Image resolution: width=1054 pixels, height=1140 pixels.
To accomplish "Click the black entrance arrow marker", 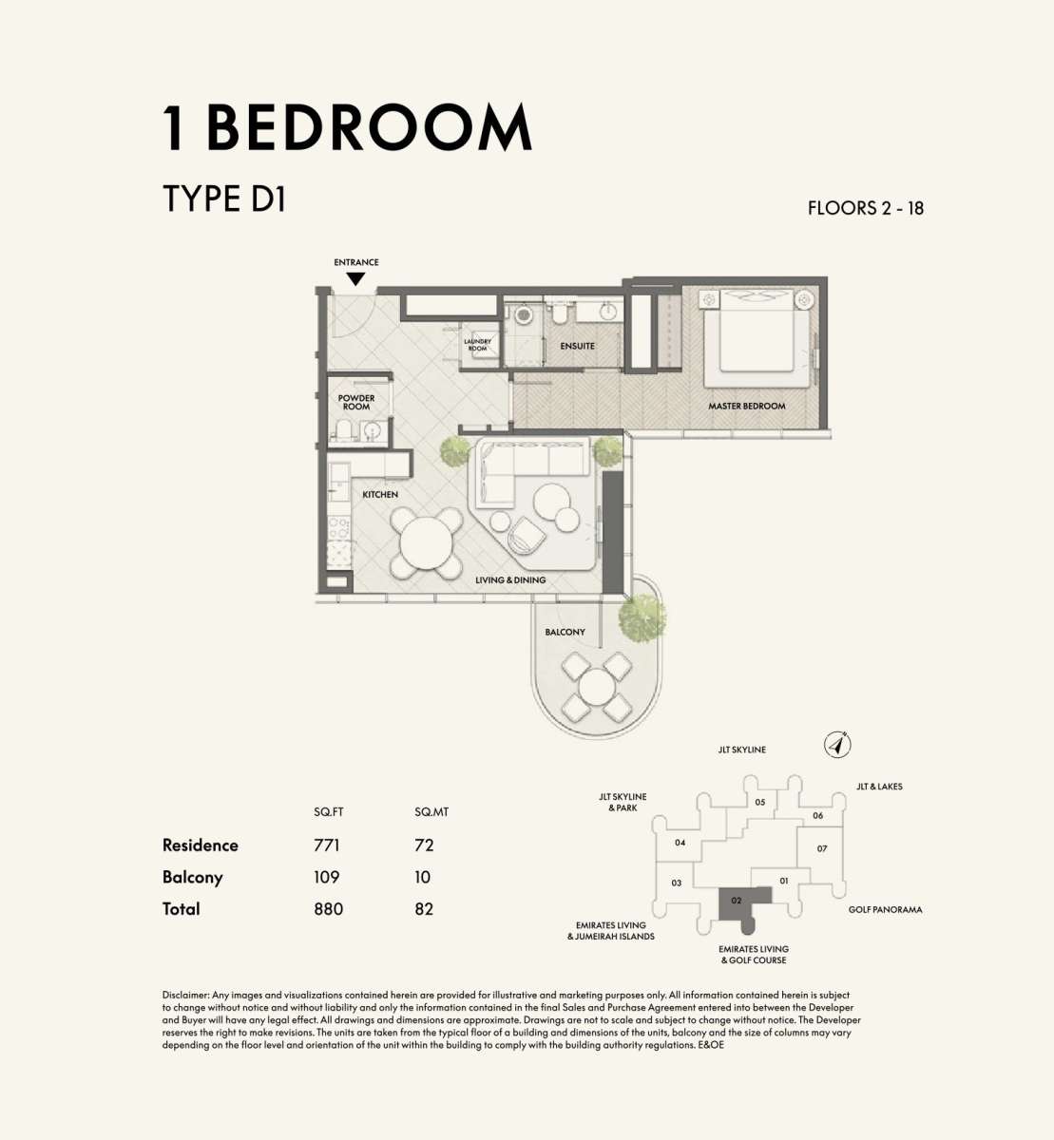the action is pos(355,279).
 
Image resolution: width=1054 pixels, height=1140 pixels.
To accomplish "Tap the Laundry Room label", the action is pos(477,345).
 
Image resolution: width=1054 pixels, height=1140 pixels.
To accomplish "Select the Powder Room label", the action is pos(356,402).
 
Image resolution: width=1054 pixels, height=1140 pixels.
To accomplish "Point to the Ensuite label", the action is pos(577,346).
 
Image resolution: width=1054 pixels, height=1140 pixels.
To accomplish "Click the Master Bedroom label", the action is pos(747,406).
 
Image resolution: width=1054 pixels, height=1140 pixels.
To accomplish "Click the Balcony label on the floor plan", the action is pos(565,632).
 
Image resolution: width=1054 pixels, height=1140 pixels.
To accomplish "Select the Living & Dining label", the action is pos(510,580).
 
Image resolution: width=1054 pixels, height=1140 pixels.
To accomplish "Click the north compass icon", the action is pos(837,745).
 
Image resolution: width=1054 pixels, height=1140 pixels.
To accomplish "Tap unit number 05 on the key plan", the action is pos(760,802).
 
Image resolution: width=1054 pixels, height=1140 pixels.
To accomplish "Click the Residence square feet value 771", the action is pos(327,845).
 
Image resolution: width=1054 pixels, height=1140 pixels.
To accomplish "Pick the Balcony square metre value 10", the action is pos(422,877).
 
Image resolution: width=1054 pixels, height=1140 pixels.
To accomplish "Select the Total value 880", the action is pos(329,909).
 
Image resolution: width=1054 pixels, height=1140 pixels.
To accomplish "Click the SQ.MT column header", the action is pos(431,812).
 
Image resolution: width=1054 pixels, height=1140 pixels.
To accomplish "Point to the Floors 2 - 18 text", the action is pos(866,208).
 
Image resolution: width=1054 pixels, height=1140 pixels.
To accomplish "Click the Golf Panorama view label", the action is pos(885,910).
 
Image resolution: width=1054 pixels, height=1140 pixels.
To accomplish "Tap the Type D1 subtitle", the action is pos(224,199).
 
